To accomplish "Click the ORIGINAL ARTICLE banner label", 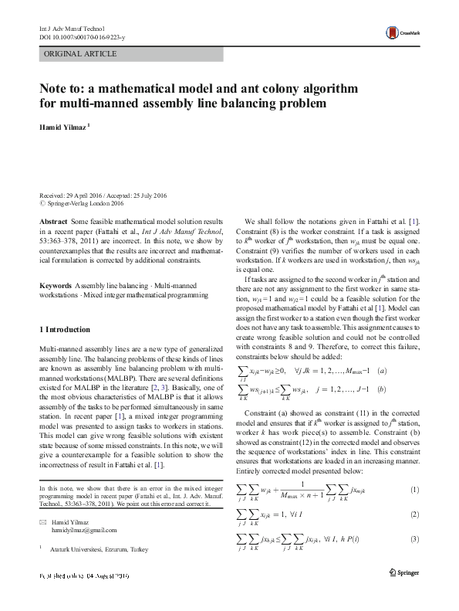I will pyautogui.click(x=81, y=54).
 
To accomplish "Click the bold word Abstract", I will pyautogui.click(x=53, y=221).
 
